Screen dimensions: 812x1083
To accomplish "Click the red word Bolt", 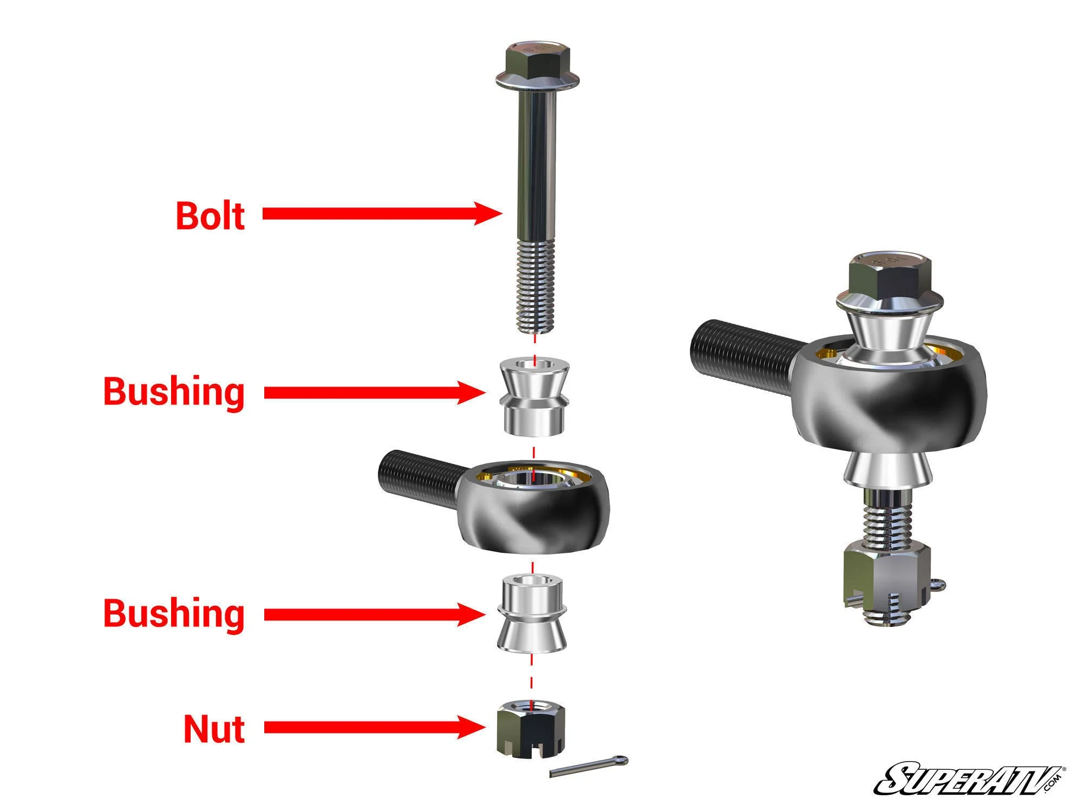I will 210,216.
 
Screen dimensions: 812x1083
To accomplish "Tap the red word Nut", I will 214,729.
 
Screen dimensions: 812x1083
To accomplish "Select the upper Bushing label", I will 174,391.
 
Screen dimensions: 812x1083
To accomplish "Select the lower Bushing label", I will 174,613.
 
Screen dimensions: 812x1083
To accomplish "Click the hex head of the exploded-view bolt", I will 536,62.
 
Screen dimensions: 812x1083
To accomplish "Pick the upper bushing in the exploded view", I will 534,397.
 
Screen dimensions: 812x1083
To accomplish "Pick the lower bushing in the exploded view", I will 531,614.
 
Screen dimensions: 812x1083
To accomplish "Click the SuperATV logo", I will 969,780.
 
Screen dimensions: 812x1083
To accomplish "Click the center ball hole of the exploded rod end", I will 533,479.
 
